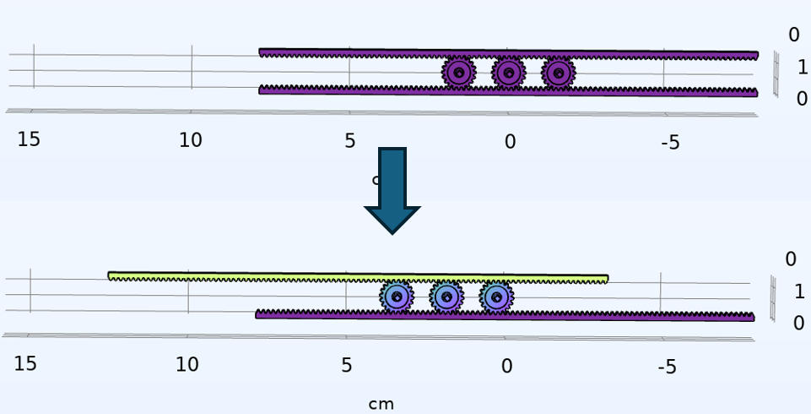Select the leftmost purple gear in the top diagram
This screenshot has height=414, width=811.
coord(458,73)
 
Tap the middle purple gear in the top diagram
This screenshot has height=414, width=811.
coord(508,73)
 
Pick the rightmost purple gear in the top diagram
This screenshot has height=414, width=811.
coord(559,74)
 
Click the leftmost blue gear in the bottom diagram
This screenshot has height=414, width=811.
coord(396,297)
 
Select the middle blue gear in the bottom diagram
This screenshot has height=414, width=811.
coord(446,297)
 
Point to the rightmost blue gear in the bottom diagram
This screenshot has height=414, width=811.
coord(496,297)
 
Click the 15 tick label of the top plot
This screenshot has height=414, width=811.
coord(29,140)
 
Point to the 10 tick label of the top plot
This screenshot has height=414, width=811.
coord(191,141)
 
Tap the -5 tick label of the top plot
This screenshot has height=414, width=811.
coord(670,143)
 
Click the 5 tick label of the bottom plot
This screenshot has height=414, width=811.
coord(347,366)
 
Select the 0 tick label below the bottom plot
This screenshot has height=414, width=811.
coord(506,367)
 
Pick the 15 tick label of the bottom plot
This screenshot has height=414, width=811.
coord(25,364)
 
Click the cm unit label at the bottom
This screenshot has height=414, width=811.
coord(381,404)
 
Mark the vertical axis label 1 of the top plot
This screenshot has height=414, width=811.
coord(803,68)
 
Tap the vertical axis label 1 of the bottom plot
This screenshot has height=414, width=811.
coord(799,292)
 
